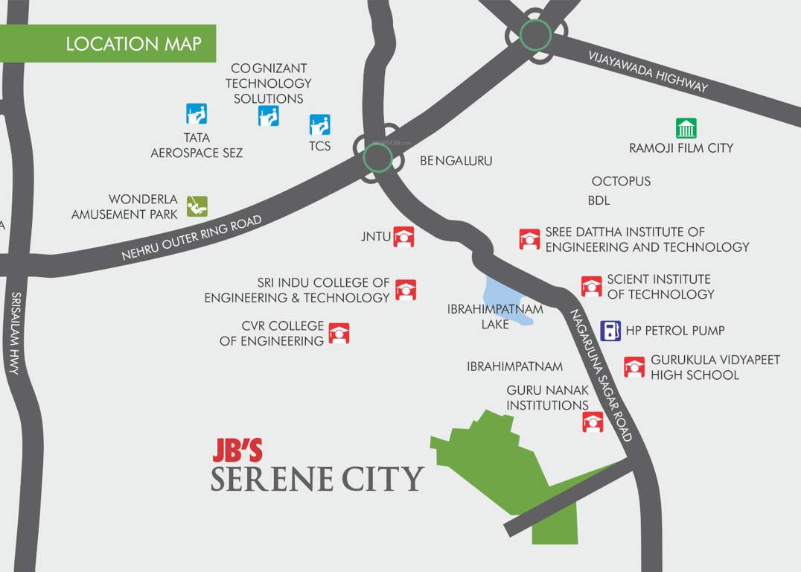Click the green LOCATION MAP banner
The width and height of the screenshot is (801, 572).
[108, 43]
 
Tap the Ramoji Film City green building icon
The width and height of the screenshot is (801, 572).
[686, 128]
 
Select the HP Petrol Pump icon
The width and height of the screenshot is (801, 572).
[610, 330]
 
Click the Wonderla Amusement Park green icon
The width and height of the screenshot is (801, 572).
[197, 206]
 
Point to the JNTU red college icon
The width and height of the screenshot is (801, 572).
[403, 237]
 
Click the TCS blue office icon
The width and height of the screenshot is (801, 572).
[320, 124]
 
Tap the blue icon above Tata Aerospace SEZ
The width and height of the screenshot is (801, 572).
[197, 114]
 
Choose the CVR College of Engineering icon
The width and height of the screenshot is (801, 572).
[339, 333]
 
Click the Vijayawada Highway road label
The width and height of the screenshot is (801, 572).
[648, 71]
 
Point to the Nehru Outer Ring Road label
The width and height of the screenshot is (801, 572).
[191, 238]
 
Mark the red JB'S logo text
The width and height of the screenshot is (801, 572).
[237, 450]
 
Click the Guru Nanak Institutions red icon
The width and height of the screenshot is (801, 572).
[593, 422]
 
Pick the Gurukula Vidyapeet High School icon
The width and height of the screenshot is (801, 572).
[634, 367]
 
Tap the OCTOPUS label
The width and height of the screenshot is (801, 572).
[621, 181]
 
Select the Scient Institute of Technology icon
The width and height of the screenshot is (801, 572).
[592, 287]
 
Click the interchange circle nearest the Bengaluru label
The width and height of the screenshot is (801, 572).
[377, 157]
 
